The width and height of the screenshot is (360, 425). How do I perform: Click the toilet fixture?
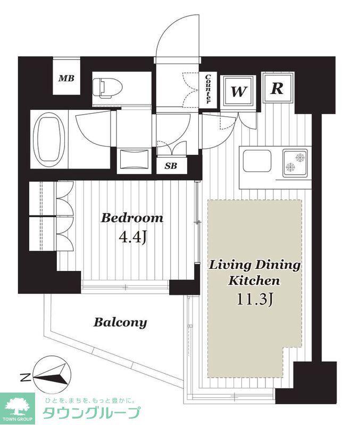(x=107, y=88)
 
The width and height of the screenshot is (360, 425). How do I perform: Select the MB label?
(x=66, y=79)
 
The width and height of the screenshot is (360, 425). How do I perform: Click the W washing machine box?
(x=238, y=90)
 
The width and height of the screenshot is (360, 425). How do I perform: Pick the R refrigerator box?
(x=278, y=88)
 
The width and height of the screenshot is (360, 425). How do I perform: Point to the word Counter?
(x=208, y=89)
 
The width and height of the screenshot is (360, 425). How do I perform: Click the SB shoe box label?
(x=171, y=166)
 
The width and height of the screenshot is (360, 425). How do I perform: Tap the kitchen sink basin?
(x=257, y=161)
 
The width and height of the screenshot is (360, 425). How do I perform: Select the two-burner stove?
(x=296, y=163)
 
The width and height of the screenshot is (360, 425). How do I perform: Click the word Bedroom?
(x=132, y=218)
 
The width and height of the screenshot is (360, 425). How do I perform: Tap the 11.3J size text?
(x=254, y=300)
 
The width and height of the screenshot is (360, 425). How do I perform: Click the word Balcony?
(x=120, y=322)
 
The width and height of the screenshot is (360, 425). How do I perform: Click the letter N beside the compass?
(x=25, y=377)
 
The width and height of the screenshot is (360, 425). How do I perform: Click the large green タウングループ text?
(x=91, y=413)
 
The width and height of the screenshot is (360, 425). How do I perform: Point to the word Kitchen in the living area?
(x=254, y=280)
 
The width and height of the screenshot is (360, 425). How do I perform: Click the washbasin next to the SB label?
(x=135, y=161)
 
